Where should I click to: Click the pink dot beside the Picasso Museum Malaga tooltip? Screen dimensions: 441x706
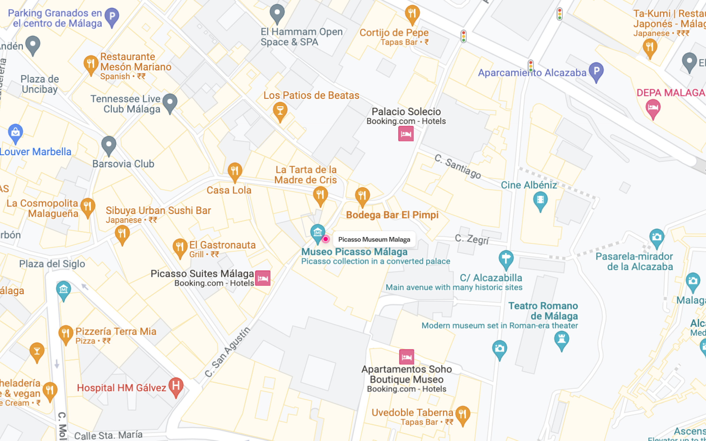[x=326, y=239]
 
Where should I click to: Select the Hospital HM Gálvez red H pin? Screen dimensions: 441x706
[x=176, y=387]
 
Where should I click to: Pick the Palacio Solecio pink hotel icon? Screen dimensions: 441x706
[x=406, y=134]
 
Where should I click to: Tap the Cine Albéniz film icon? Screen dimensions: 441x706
[x=540, y=200]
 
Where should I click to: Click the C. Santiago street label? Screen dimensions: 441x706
[x=457, y=166]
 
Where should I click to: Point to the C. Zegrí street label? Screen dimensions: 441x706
[x=471, y=239]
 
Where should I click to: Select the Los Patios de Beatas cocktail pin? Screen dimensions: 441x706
[x=280, y=111]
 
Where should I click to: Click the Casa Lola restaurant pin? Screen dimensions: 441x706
[x=235, y=171]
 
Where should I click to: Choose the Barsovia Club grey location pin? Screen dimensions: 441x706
[x=109, y=145]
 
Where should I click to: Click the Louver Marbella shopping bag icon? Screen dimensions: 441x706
[x=15, y=133]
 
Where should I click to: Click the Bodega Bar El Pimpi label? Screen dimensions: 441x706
[x=392, y=215]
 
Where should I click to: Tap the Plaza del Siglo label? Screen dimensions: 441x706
[x=52, y=264]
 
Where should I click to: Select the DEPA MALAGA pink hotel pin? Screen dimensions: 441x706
[x=653, y=108]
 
